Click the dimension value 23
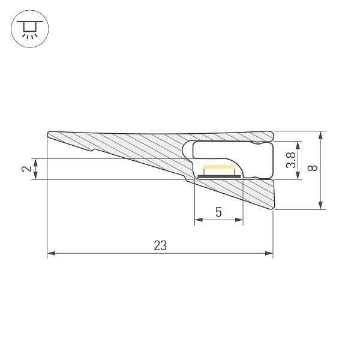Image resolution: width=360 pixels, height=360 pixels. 160,245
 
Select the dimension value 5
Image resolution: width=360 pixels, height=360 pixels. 218,212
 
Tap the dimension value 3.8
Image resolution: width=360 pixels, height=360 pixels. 290,160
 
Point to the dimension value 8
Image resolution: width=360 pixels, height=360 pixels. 313,170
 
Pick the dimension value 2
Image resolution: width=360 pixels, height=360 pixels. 26,169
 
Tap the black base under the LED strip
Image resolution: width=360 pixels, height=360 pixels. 219,176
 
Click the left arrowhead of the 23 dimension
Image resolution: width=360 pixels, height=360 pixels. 51,254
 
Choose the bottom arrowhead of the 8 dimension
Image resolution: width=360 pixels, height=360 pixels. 322,206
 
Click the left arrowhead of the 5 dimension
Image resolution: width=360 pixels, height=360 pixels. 199,220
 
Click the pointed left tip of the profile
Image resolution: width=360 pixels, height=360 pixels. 48,134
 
